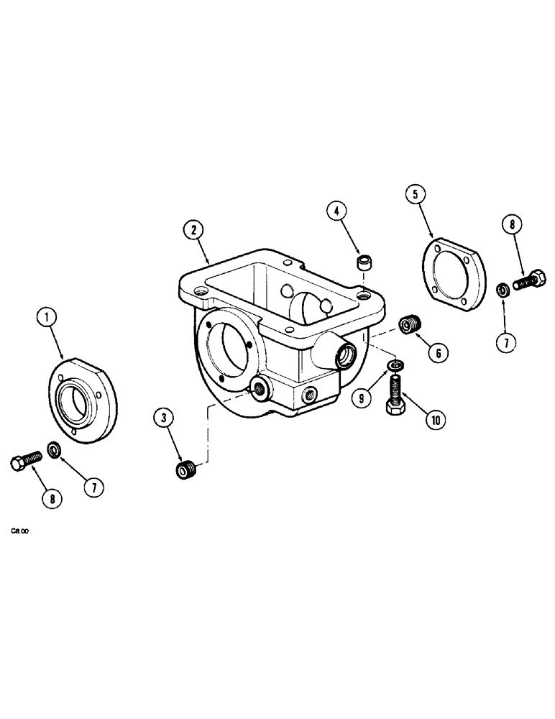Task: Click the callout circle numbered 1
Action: (48, 316)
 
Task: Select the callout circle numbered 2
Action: (192, 231)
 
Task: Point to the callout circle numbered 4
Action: (335, 211)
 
